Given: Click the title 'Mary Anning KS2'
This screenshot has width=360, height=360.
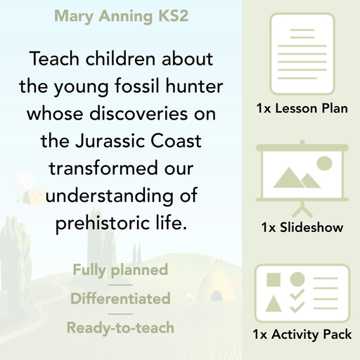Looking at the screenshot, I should [x=121, y=16].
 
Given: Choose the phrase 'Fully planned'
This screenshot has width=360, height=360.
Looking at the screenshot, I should [x=120, y=270].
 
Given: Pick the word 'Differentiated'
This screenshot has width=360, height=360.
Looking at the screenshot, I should [x=120, y=299].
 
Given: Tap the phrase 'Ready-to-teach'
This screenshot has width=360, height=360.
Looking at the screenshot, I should [x=120, y=327].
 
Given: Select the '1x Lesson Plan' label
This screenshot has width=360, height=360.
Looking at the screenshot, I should [x=301, y=109].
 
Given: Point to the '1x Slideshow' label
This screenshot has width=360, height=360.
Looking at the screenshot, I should [x=301, y=228].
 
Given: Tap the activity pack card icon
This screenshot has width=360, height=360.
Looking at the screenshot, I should [x=301, y=290].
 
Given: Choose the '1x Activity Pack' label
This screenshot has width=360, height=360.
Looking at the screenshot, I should [x=301, y=335].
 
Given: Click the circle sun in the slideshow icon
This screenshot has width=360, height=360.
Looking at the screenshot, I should [x=323, y=164].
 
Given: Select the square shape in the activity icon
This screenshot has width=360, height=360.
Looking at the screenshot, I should [x=274, y=279].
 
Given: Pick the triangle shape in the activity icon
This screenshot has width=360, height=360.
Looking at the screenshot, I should [x=274, y=304].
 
